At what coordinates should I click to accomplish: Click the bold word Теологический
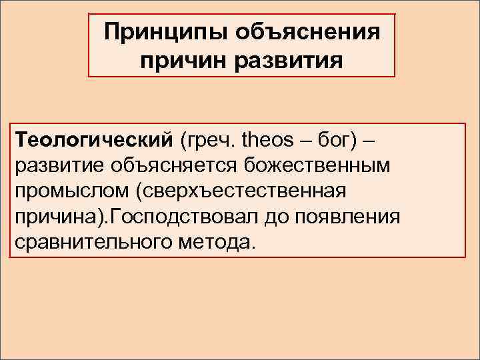tap(93, 141)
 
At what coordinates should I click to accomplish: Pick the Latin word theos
tap(267, 141)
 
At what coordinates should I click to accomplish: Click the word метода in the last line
tap(213, 241)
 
